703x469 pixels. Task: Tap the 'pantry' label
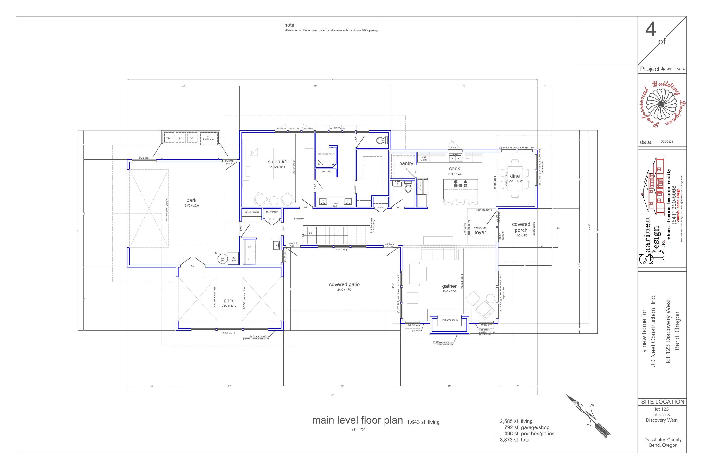tap(406, 163)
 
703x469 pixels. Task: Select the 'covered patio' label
tap(344, 284)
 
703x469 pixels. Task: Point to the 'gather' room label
tap(449, 286)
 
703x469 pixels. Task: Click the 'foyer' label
tap(480, 232)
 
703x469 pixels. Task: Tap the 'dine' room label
tap(515, 176)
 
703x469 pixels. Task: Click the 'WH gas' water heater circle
tap(222, 259)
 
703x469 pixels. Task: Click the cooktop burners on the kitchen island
tap(460, 184)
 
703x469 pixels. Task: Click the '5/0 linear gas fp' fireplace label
tap(449, 320)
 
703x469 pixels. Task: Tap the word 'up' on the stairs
tap(310, 233)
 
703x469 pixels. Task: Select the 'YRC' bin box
tap(168, 138)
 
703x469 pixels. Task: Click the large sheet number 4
tap(651, 30)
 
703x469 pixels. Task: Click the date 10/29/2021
tap(666, 142)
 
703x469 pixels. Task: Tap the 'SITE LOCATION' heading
tap(662, 402)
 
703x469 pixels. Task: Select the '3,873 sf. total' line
tap(515, 440)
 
